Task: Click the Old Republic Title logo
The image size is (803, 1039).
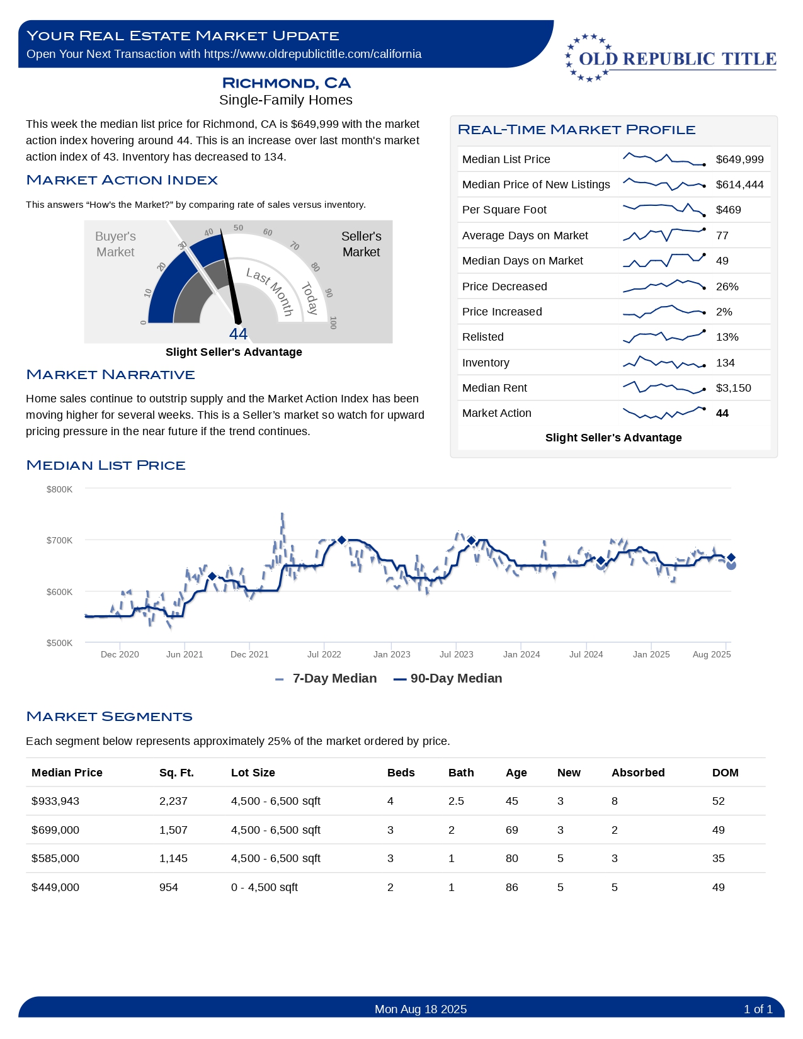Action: (671, 58)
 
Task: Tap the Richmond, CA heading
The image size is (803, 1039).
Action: (286, 83)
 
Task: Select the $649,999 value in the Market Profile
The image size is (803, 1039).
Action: (739, 159)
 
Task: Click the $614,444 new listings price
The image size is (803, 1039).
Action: (739, 185)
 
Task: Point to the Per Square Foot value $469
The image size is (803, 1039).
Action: (728, 210)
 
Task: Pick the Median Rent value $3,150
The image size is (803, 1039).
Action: (733, 388)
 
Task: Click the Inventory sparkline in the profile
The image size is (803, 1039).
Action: (664, 363)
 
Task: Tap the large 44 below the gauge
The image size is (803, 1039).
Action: (238, 334)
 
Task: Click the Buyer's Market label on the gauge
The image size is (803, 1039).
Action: (115, 244)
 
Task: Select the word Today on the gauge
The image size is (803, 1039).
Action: (309, 298)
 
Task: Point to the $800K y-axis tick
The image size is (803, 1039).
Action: (59, 489)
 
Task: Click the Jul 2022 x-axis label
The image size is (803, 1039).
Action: (324, 654)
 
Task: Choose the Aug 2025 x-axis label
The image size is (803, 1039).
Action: (712, 654)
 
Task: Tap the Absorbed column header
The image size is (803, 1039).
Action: (637, 773)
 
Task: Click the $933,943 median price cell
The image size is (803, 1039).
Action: (55, 801)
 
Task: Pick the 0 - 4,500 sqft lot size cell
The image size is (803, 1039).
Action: (264, 887)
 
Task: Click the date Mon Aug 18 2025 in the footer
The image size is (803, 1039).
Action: (421, 1009)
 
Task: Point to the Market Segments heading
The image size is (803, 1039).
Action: (110, 717)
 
